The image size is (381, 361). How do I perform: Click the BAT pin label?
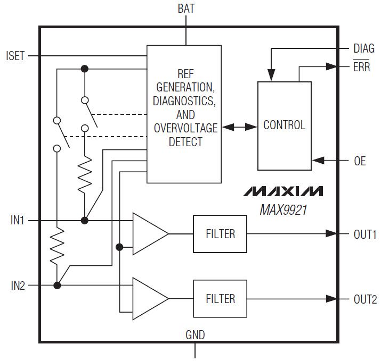(186, 9)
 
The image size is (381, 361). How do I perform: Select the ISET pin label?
(15, 56)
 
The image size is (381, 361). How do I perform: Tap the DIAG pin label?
(364, 48)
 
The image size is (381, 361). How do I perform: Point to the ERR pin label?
(362, 66)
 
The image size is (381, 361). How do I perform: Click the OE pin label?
(360, 161)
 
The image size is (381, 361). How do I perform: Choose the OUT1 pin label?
(365, 234)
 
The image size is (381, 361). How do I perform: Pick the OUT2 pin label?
(365, 299)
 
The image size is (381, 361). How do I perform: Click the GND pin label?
(195, 335)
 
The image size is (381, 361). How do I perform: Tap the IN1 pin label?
(17, 220)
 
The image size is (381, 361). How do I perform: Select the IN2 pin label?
(18, 286)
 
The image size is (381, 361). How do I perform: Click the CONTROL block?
(285, 126)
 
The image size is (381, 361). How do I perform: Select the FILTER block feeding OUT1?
(220, 234)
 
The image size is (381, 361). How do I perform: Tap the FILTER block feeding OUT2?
(220, 299)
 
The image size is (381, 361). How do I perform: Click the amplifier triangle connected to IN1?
(150, 234)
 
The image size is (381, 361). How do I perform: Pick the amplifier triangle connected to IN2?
(150, 299)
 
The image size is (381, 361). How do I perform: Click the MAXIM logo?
(283, 191)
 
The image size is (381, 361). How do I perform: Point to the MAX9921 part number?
(283, 209)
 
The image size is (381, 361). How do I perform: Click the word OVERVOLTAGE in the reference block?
(185, 128)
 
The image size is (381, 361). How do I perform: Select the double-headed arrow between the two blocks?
(240, 127)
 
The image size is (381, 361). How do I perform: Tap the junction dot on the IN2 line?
(57, 286)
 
